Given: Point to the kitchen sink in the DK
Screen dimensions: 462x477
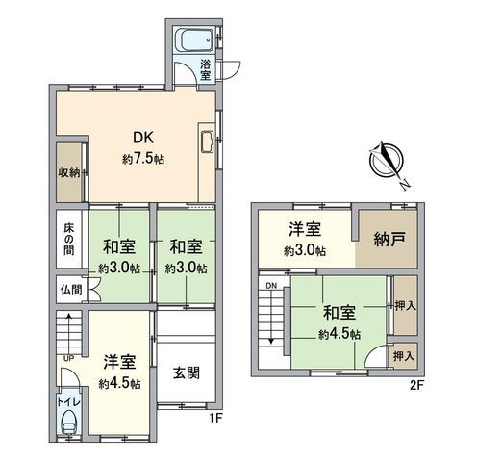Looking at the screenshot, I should click(208, 145).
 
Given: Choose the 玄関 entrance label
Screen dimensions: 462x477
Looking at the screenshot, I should click(187, 375).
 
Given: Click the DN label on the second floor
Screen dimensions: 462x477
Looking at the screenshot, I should click(271, 286).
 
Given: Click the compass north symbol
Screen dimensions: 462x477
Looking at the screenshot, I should click(389, 162).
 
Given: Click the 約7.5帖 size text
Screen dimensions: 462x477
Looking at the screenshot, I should click(142, 159).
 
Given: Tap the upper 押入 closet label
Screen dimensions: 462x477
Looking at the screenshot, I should click(405, 304).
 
